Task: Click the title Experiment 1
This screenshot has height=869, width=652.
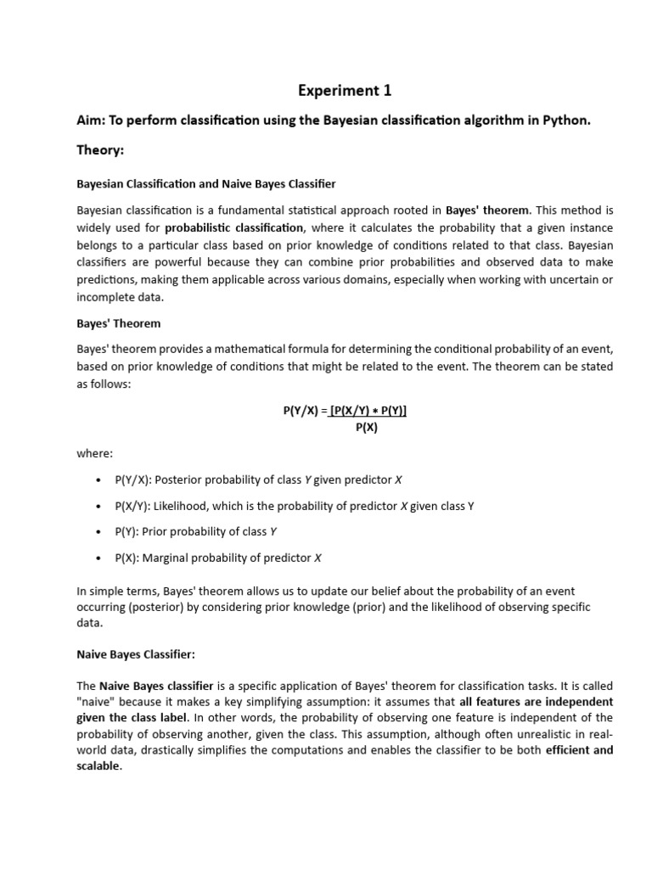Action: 344,90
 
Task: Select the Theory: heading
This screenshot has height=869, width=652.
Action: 100,150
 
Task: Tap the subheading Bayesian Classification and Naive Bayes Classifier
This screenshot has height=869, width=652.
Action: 206,183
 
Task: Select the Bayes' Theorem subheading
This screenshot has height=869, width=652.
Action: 118,324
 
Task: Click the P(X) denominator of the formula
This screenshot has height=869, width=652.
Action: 367,427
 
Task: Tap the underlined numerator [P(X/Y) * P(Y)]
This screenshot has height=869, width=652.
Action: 368,410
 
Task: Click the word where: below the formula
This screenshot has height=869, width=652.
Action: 94,454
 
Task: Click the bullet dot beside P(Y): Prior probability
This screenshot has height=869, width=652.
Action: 100,532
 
